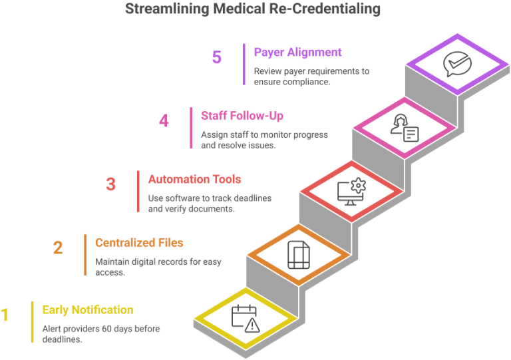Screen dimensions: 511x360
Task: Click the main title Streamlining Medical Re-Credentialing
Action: (253, 9)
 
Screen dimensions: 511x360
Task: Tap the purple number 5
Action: (217, 57)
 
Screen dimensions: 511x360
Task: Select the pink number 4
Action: (164, 120)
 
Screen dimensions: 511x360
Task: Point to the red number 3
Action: (111, 184)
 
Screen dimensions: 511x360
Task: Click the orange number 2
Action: (58, 248)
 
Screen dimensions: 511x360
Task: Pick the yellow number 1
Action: (5, 315)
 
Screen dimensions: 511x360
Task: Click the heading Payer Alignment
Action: (297, 52)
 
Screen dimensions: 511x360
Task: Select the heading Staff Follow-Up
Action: (242, 116)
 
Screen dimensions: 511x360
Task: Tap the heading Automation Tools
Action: (194, 179)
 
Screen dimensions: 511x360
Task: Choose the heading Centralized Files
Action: (139, 243)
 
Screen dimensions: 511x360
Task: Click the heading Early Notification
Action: (88, 310)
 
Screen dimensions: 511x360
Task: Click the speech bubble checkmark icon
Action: (457, 64)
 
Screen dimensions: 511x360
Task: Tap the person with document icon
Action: (405, 128)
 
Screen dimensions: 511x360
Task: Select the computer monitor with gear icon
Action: (351, 191)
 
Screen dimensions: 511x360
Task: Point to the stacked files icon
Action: (299, 255)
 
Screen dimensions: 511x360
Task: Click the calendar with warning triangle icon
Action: (246, 318)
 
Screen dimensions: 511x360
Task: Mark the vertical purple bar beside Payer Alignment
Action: (244, 64)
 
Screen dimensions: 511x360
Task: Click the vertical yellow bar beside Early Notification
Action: (32, 322)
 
